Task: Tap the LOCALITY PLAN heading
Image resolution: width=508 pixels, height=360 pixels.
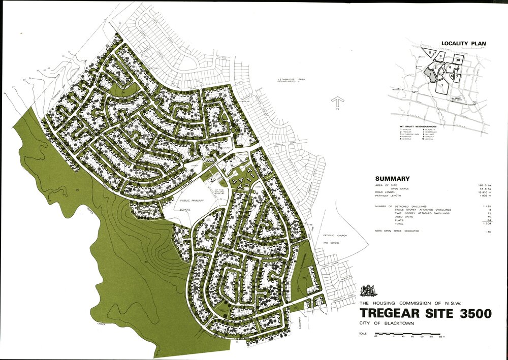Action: click(x=463, y=44)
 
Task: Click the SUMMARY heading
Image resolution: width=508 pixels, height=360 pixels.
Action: click(x=392, y=179)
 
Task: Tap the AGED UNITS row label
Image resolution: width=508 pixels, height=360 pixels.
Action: click(x=386, y=216)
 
